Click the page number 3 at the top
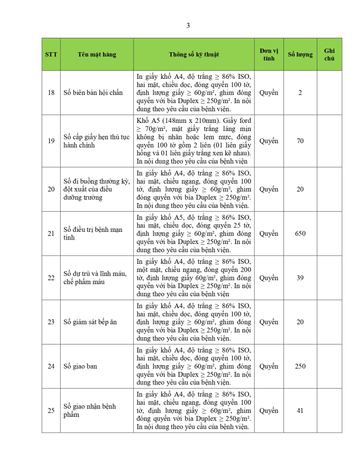(x=188, y=26)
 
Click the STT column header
(x=51, y=54)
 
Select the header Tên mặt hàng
(x=97, y=54)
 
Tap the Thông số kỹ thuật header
(x=194, y=54)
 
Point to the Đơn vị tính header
(x=269, y=54)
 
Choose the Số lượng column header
(x=300, y=54)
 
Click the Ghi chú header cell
(x=329, y=54)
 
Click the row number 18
(x=51, y=93)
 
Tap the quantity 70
(x=300, y=141)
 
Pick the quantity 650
(x=300, y=234)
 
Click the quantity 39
(x=300, y=278)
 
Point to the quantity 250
(x=300, y=366)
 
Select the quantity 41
(x=300, y=411)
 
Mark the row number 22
(x=51, y=278)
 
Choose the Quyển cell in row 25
(x=269, y=411)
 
